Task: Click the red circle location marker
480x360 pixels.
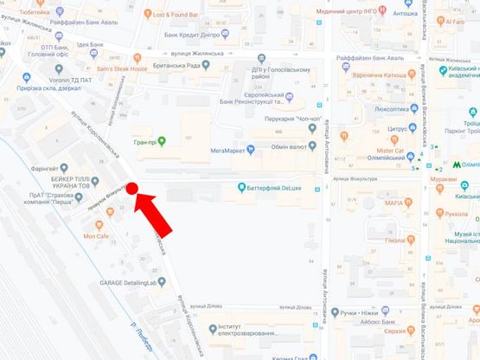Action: (x=133, y=187)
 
